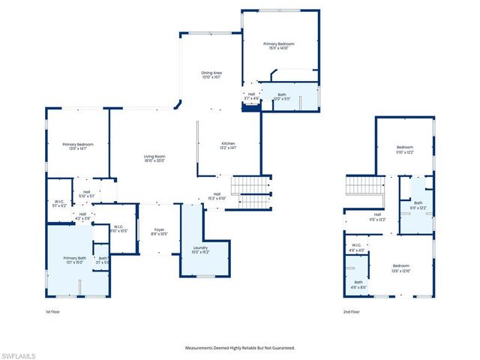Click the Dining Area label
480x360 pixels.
tap(211, 75)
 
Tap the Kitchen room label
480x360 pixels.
tap(228, 145)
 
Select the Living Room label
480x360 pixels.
tap(154, 157)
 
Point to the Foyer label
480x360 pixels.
tap(159, 232)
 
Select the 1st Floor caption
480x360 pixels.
tap(52, 311)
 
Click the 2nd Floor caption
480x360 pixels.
tap(352, 311)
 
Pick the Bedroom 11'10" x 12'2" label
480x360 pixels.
tap(405, 149)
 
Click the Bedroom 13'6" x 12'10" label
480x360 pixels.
tap(401, 267)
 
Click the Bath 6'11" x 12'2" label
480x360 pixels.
tap(418, 205)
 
